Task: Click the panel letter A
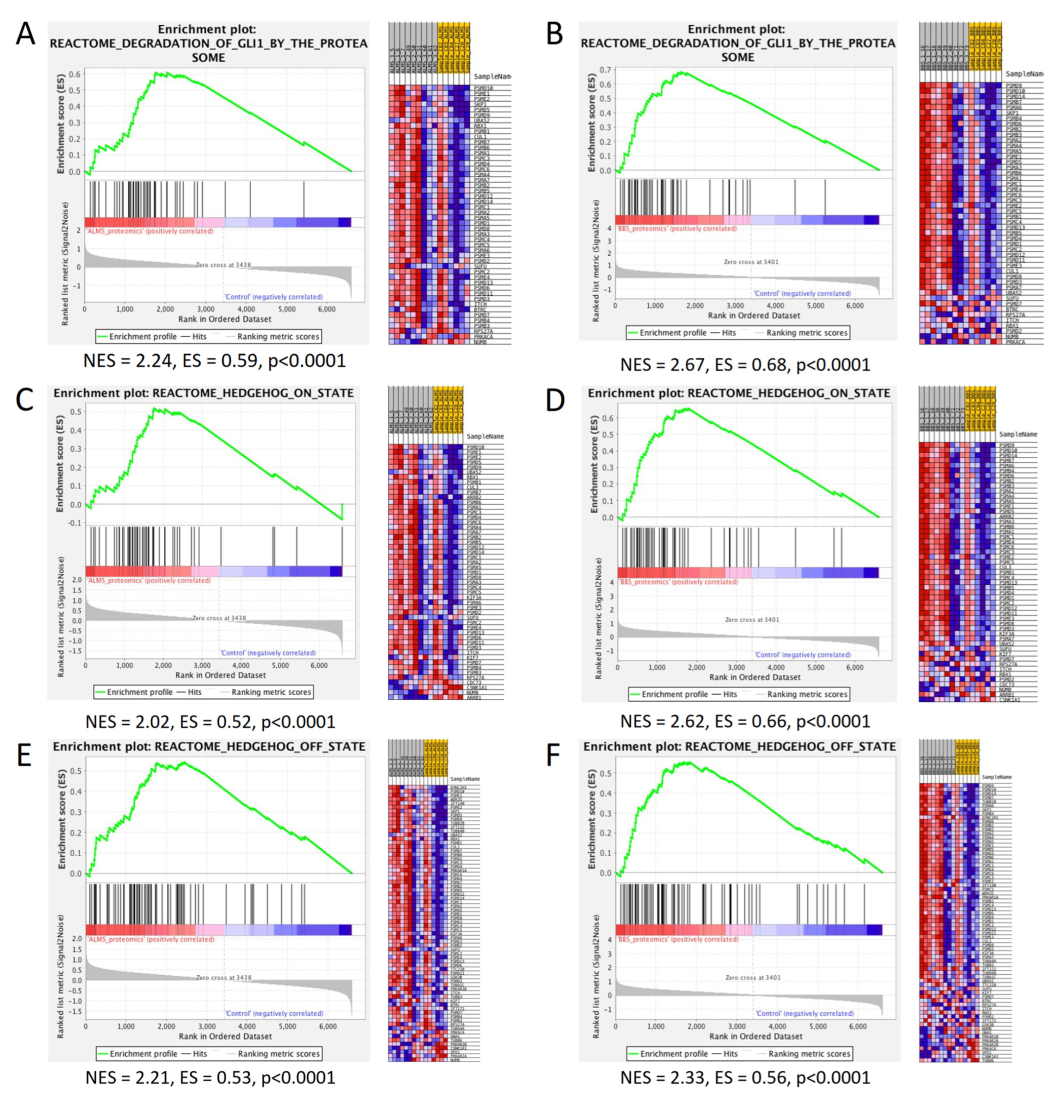pyautogui.click(x=25, y=35)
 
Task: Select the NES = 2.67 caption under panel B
pyautogui.click(x=745, y=365)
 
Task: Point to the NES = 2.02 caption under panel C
pyautogui.click(x=210, y=722)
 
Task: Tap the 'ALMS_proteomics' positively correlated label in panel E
pyautogui.click(x=150, y=939)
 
